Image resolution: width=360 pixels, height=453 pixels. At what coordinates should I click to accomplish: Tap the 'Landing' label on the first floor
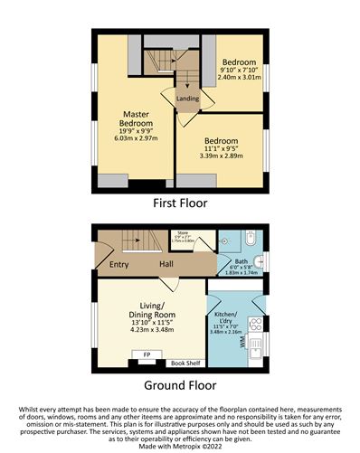(187, 98)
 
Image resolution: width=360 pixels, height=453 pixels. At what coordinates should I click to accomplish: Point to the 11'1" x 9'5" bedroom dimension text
(221, 152)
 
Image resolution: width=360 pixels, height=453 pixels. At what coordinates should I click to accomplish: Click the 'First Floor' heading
(180, 203)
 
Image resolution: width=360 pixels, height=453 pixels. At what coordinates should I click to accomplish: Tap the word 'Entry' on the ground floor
(118, 264)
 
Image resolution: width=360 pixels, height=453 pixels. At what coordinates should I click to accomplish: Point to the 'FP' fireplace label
(147, 355)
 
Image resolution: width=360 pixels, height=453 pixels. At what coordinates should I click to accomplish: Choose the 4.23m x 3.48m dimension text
(150, 329)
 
